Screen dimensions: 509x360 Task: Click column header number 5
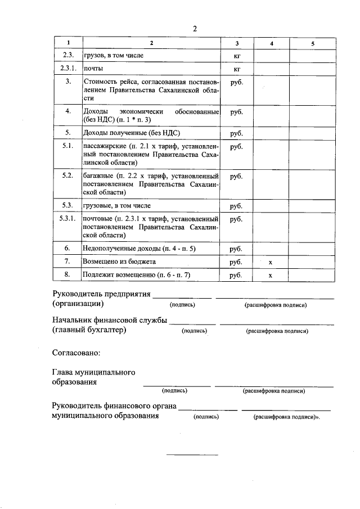point(313,43)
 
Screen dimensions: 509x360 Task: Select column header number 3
point(237,43)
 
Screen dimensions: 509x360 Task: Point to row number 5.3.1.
point(67,218)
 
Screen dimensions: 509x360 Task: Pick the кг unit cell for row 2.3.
point(237,56)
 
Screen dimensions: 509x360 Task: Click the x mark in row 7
point(271,262)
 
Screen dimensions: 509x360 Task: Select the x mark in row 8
point(271,276)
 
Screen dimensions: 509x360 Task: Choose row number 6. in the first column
point(67,248)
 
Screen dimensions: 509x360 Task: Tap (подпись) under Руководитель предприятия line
point(182,305)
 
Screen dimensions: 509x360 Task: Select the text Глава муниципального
point(93,372)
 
